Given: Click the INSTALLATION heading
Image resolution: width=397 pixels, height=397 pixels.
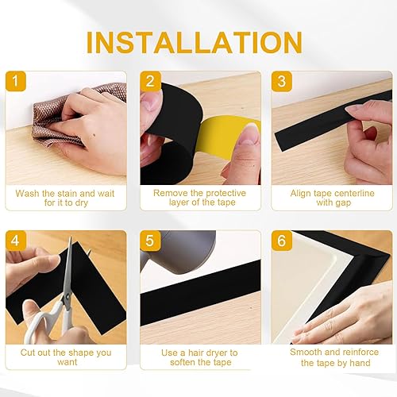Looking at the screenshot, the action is pyautogui.click(x=195, y=42).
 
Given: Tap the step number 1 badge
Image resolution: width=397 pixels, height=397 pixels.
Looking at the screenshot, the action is pyautogui.click(x=16, y=81).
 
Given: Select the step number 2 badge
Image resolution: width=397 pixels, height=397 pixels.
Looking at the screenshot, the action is pyautogui.click(x=150, y=81).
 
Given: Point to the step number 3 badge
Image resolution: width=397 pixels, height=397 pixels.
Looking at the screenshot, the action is pyautogui.click(x=282, y=81).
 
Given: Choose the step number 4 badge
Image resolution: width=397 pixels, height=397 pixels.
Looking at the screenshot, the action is pyautogui.click(x=16, y=241).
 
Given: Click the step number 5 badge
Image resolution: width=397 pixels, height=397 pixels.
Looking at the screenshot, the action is pyautogui.click(x=150, y=241).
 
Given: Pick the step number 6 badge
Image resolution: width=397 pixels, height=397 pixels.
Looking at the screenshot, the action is pyautogui.click(x=282, y=241).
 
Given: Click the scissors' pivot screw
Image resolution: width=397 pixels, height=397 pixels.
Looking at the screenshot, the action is pyautogui.click(x=68, y=297).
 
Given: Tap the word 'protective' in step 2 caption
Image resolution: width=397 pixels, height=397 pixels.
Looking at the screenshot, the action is pyautogui.click(x=225, y=193).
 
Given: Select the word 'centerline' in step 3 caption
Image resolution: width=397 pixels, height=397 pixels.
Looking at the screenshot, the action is pyautogui.click(x=351, y=193).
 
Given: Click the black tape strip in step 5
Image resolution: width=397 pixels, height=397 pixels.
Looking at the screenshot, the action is pyautogui.click(x=200, y=292).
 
